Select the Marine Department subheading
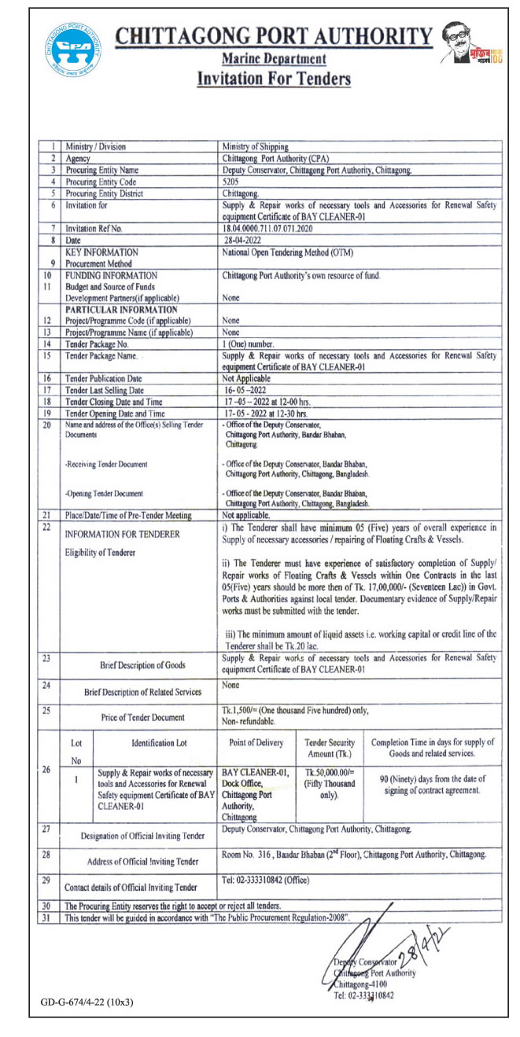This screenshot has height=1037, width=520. (273, 59)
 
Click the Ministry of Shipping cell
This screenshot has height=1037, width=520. (256, 146)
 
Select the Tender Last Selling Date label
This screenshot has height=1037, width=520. (105, 390)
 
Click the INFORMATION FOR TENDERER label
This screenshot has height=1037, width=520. (123, 534)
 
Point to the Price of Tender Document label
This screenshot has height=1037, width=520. (142, 717)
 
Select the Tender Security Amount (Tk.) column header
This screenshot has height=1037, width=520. (330, 748)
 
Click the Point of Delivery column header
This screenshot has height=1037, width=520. (256, 743)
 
